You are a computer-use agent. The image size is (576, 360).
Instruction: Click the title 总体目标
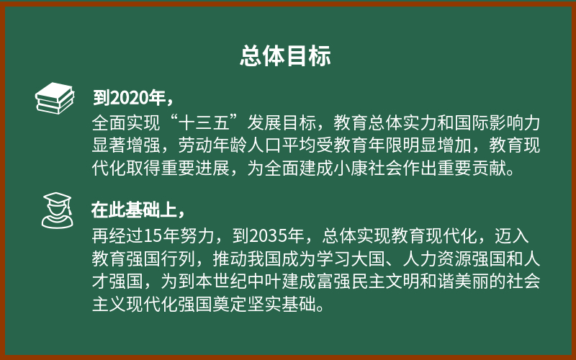pyautogui.click(x=285, y=56)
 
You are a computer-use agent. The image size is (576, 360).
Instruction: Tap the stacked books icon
pyautogui.click(x=55, y=98)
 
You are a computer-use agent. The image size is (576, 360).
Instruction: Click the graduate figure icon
pyautogui.click(x=57, y=210)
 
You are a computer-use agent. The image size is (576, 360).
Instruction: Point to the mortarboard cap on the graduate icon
pyautogui.click(x=58, y=199)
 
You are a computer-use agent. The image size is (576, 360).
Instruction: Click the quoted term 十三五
pyautogui.click(x=204, y=122)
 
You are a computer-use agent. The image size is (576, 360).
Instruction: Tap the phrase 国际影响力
pyautogui.click(x=498, y=122)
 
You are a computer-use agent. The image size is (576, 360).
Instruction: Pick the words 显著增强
pyautogui.click(x=126, y=145)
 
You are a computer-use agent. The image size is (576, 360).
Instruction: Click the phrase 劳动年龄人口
pyautogui.click(x=230, y=145)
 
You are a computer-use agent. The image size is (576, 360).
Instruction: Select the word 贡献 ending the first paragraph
pyautogui.click(x=489, y=168)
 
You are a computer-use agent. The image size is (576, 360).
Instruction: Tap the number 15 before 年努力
pyautogui.click(x=153, y=236)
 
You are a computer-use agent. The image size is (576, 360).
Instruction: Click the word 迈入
pyautogui.click(x=512, y=236)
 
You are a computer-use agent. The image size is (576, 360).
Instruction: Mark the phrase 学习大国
pyautogui.click(x=351, y=258)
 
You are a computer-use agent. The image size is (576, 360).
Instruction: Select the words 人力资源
pyautogui.click(x=437, y=258)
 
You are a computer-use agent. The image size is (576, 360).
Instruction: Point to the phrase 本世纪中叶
pyautogui.click(x=238, y=282)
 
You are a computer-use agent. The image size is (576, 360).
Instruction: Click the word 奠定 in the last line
pyautogui.click(x=230, y=304)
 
